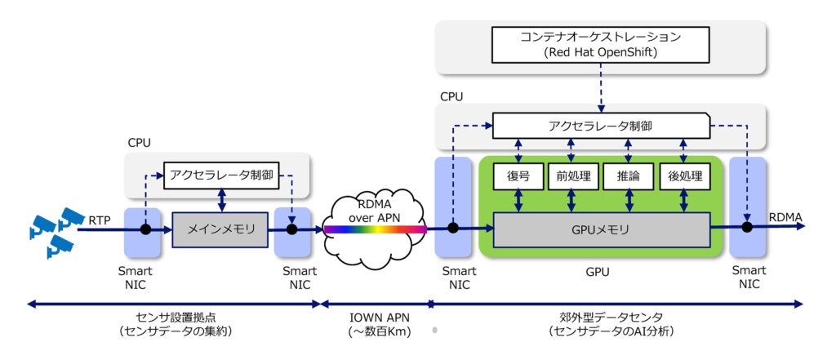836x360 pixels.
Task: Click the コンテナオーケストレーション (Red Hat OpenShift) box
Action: point(600,45)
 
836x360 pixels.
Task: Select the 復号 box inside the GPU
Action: point(518,176)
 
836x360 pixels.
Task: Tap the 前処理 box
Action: point(573,176)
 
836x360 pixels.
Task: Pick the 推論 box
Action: point(628,176)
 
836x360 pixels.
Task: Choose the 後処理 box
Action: point(684,176)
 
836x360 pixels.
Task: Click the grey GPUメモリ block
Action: point(602,229)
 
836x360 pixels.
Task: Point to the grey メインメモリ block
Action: point(219,229)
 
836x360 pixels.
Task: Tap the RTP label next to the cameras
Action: point(99,219)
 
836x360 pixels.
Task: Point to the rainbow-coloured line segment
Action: point(375,230)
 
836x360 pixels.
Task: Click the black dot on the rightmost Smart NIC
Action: point(746,227)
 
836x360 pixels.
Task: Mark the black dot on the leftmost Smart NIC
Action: point(145,229)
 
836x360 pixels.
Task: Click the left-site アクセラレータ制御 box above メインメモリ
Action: point(218,176)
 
